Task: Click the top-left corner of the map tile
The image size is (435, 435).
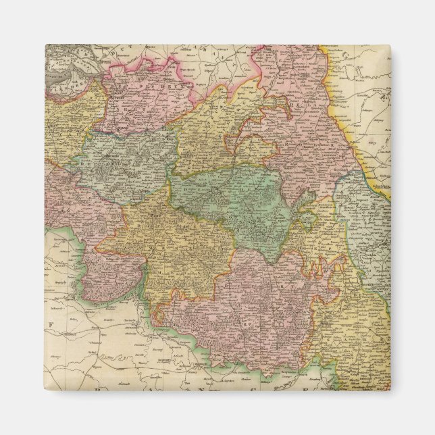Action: click(45, 45)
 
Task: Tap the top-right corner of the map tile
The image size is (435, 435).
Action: click(390, 45)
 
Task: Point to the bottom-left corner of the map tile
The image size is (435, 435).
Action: click(45, 390)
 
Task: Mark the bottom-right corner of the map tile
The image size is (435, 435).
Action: click(390, 390)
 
